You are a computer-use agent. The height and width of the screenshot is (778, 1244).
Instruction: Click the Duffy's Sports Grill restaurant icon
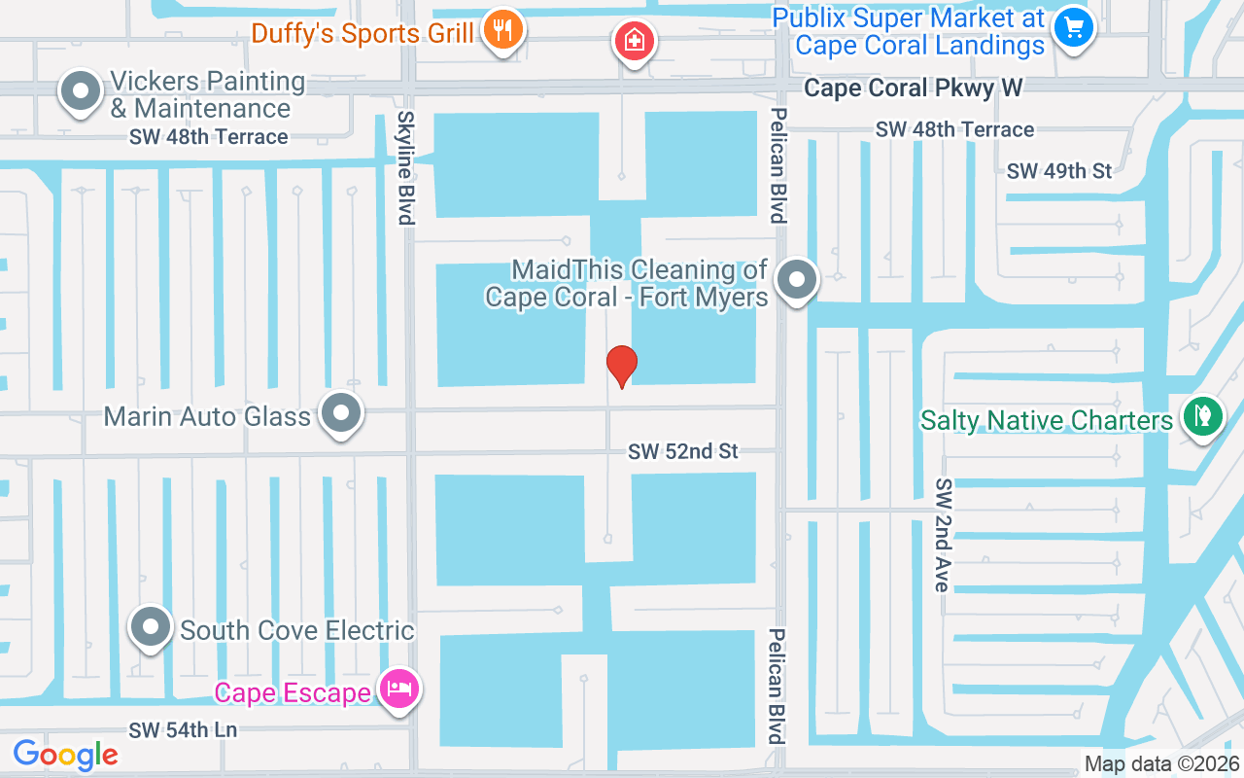(x=502, y=30)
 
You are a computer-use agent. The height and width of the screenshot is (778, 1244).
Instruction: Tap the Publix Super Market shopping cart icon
(x=1073, y=26)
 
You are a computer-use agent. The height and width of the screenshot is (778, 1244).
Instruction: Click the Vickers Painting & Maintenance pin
(x=82, y=92)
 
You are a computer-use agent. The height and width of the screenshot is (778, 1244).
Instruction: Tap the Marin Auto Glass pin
(x=340, y=413)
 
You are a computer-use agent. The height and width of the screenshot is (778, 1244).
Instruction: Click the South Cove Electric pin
(x=151, y=627)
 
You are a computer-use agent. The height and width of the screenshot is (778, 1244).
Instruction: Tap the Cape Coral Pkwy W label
(x=913, y=88)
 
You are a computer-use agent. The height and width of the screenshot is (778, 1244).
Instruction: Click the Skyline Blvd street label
(x=406, y=166)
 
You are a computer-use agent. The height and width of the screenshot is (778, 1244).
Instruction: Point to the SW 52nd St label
(x=682, y=451)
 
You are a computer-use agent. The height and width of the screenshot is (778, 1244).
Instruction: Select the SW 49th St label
(x=1059, y=171)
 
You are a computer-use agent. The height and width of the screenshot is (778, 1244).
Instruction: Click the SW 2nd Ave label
(x=941, y=535)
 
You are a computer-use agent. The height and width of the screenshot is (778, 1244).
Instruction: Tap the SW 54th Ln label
(x=184, y=729)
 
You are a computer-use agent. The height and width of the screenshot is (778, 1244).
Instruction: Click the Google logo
(x=65, y=755)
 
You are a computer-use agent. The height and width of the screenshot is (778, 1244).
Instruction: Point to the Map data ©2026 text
(x=1160, y=764)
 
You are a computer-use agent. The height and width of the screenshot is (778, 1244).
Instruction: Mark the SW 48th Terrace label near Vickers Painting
(x=208, y=137)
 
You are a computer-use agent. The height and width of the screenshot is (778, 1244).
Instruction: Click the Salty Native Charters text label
(x=1047, y=420)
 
